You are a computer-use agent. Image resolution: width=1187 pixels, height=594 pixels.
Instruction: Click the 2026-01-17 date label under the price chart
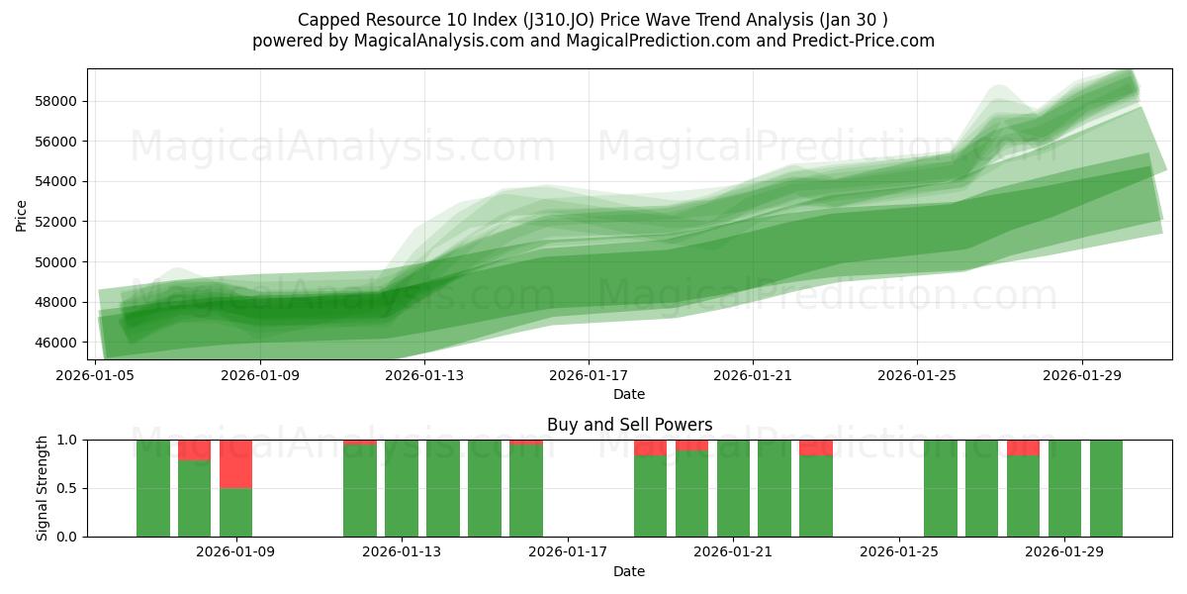[589, 375]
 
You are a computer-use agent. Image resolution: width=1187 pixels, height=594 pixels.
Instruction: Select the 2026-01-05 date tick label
[97, 375]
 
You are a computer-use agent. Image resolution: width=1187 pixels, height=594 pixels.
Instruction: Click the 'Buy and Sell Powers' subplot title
[629, 425]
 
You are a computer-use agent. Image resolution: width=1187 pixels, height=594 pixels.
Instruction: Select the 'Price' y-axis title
[22, 215]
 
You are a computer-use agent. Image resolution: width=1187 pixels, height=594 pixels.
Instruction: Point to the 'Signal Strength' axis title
[42, 488]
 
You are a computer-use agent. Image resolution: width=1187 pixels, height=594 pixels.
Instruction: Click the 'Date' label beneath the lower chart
[629, 571]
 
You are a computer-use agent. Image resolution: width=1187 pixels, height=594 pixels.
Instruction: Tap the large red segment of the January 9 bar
[236, 463]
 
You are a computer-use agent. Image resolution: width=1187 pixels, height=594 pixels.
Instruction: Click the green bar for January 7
[153, 488]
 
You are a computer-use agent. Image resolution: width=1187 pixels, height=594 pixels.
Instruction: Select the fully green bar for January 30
[1106, 488]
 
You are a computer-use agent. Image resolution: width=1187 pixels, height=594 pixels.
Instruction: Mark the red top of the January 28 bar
[1023, 447]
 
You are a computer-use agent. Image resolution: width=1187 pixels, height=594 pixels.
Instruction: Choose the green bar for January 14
[443, 488]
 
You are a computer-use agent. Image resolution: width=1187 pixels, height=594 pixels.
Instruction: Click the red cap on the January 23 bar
[816, 447]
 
